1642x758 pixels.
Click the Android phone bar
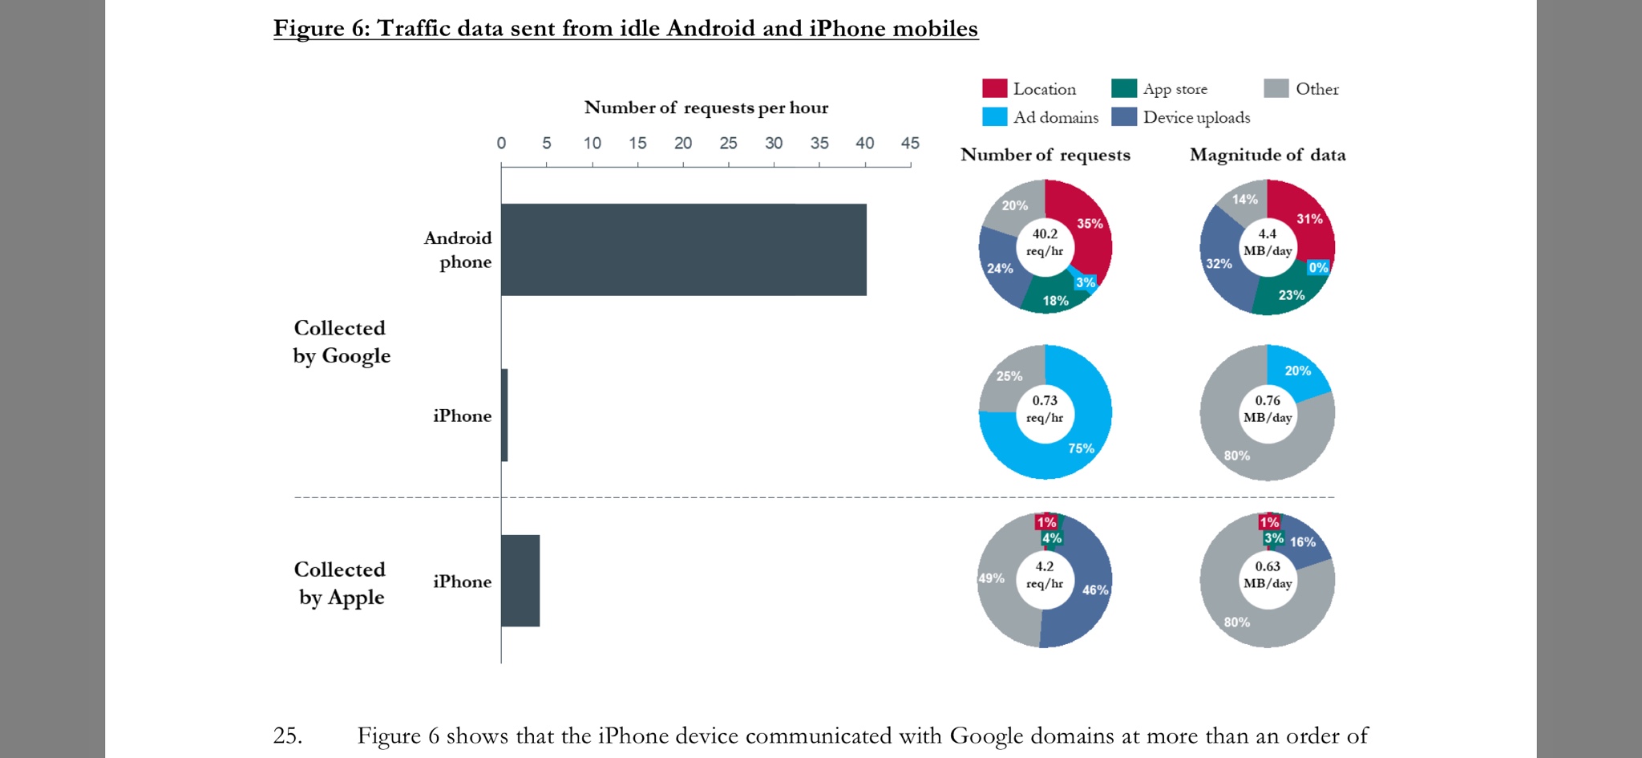683,249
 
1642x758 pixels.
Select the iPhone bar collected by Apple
520,581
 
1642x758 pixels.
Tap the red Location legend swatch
994,88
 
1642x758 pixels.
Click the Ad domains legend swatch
994,117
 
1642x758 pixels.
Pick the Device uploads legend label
1196,117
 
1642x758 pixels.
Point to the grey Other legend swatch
1276,88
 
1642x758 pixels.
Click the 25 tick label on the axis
728,143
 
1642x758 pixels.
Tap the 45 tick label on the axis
910,143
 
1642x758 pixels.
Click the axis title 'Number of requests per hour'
706,107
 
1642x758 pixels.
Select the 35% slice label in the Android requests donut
1090,224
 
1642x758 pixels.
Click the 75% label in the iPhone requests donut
1081,448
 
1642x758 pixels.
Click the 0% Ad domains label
1318,268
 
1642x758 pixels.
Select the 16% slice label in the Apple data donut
1302,542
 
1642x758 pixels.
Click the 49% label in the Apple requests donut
992,578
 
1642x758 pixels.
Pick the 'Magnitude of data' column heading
1267,155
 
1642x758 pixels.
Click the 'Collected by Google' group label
341,342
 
